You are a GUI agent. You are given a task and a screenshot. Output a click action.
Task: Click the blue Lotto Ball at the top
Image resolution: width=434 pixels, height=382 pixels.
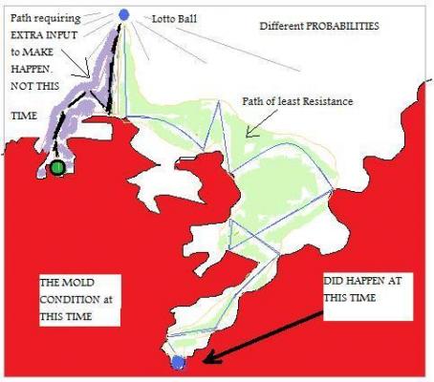pos(123,14)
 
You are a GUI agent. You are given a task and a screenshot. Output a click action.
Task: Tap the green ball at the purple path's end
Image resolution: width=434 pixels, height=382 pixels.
pos(57,167)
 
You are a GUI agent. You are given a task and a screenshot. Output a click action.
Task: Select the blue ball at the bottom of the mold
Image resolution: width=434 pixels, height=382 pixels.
pos(178,362)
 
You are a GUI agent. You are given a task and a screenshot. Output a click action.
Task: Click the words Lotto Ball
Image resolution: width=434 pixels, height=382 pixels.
pos(174,19)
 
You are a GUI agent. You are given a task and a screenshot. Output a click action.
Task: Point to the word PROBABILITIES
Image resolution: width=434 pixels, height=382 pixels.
pos(342,26)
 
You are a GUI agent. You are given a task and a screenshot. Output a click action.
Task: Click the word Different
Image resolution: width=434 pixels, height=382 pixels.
pos(281,26)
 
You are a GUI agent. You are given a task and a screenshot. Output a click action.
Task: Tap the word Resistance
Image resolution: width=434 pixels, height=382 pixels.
pos(328,101)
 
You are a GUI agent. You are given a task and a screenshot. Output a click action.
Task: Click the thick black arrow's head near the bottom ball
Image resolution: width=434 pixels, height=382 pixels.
pos(210,358)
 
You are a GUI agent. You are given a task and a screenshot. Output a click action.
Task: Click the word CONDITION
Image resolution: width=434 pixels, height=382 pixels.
pos(70,300)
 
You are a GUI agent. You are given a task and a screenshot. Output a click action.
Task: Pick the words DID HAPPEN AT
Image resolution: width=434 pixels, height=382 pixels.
pos(362,281)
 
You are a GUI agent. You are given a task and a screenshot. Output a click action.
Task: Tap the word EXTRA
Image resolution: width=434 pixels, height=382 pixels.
pos(27,35)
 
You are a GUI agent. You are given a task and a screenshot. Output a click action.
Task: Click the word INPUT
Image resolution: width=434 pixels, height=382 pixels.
pos(62,35)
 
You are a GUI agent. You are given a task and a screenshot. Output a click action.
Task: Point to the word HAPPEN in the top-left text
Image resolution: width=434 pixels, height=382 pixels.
pos(31,69)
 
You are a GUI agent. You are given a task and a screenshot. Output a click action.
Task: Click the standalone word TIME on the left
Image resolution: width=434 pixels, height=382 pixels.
pos(24,116)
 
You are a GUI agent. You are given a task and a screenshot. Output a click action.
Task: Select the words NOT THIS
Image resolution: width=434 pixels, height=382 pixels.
pos(34,86)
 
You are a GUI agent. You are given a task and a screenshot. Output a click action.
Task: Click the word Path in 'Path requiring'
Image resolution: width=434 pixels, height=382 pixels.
pos(21,18)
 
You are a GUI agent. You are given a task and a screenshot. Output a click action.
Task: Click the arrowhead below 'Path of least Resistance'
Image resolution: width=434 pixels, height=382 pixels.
pos(251,132)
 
